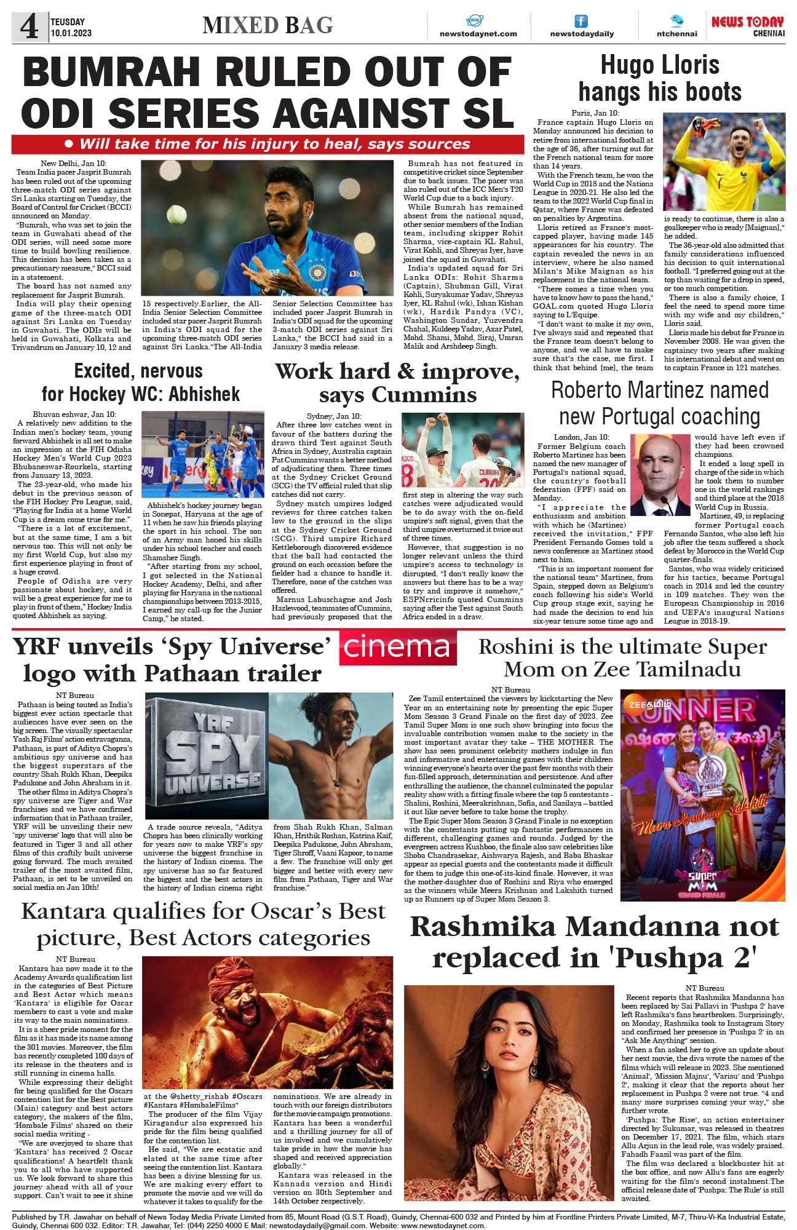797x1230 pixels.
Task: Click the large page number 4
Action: point(29,26)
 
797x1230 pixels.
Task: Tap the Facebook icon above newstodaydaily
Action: point(581,21)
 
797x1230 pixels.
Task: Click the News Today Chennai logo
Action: point(748,26)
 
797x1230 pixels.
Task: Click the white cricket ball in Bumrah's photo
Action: point(176,214)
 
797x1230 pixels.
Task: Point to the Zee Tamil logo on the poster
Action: point(645,704)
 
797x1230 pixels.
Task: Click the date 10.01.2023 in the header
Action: point(71,33)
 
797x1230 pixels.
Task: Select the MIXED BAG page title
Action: point(268,25)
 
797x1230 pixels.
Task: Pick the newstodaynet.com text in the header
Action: point(478,34)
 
